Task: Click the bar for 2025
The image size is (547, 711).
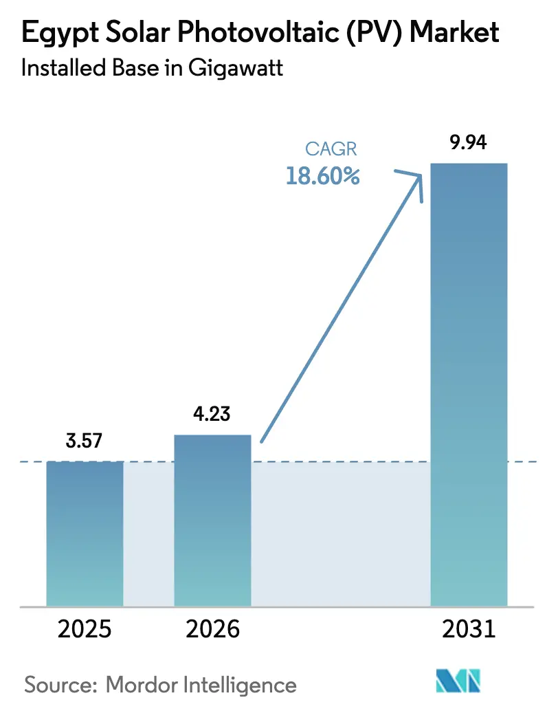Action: [x=85, y=533]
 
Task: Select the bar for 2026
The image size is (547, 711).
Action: [x=212, y=520]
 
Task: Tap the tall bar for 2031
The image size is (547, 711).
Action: [x=468, y=385]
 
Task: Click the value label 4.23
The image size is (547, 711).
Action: [x=212, y=415]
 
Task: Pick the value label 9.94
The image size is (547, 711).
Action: [x=468, y=143]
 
